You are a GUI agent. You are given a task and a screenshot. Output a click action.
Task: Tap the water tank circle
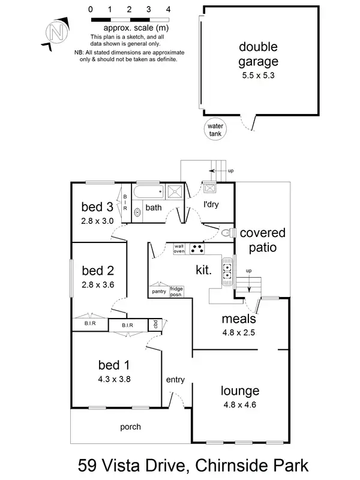(x=215, y=130)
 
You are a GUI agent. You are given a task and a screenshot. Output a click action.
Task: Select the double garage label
(x=259, y=53)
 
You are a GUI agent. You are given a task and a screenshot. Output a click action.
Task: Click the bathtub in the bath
(x=148, y=193)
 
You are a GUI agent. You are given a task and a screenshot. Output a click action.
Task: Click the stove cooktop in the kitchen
(x=197, y=247)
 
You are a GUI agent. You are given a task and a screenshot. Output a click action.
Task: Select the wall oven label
(x=179, y=248)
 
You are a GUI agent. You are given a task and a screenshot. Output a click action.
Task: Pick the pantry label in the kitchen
(x=158, y=291)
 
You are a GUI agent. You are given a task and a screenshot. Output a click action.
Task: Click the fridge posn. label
(x=177, y=291)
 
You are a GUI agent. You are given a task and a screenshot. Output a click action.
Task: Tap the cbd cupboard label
(x=155, y=325)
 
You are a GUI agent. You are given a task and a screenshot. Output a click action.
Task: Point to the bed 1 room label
(x=114, y=364)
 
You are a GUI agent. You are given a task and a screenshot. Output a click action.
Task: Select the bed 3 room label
(x=97, y=208)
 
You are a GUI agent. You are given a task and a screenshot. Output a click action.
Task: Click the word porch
(x=130, y=427)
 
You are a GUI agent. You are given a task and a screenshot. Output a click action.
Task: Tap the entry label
(x=175, y=379)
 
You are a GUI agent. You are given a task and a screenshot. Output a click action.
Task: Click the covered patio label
(x=263, y=239)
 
